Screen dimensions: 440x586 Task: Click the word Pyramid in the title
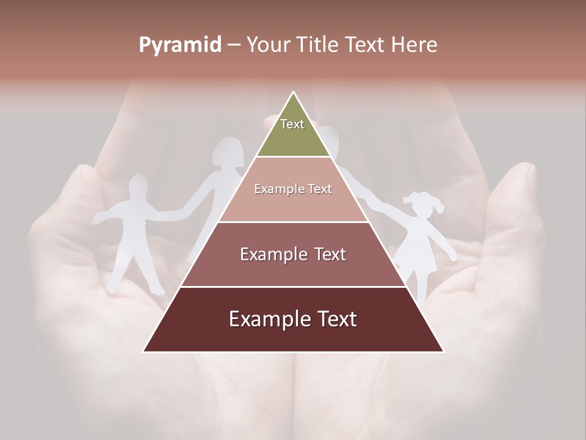tap(179, 45)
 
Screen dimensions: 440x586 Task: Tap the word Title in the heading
tap(318, 45)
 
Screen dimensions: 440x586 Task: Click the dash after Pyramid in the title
tap(233, 45)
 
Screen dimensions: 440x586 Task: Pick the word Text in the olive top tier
tap(292, 124)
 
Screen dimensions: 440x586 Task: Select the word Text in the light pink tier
tap(319, 189)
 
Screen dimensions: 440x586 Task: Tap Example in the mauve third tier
tap(273, 254)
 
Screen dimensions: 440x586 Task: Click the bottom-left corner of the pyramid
tap(143, 351)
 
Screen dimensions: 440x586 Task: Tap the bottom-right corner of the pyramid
tap(443, 351)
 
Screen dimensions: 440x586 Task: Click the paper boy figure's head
tap(139, 186)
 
